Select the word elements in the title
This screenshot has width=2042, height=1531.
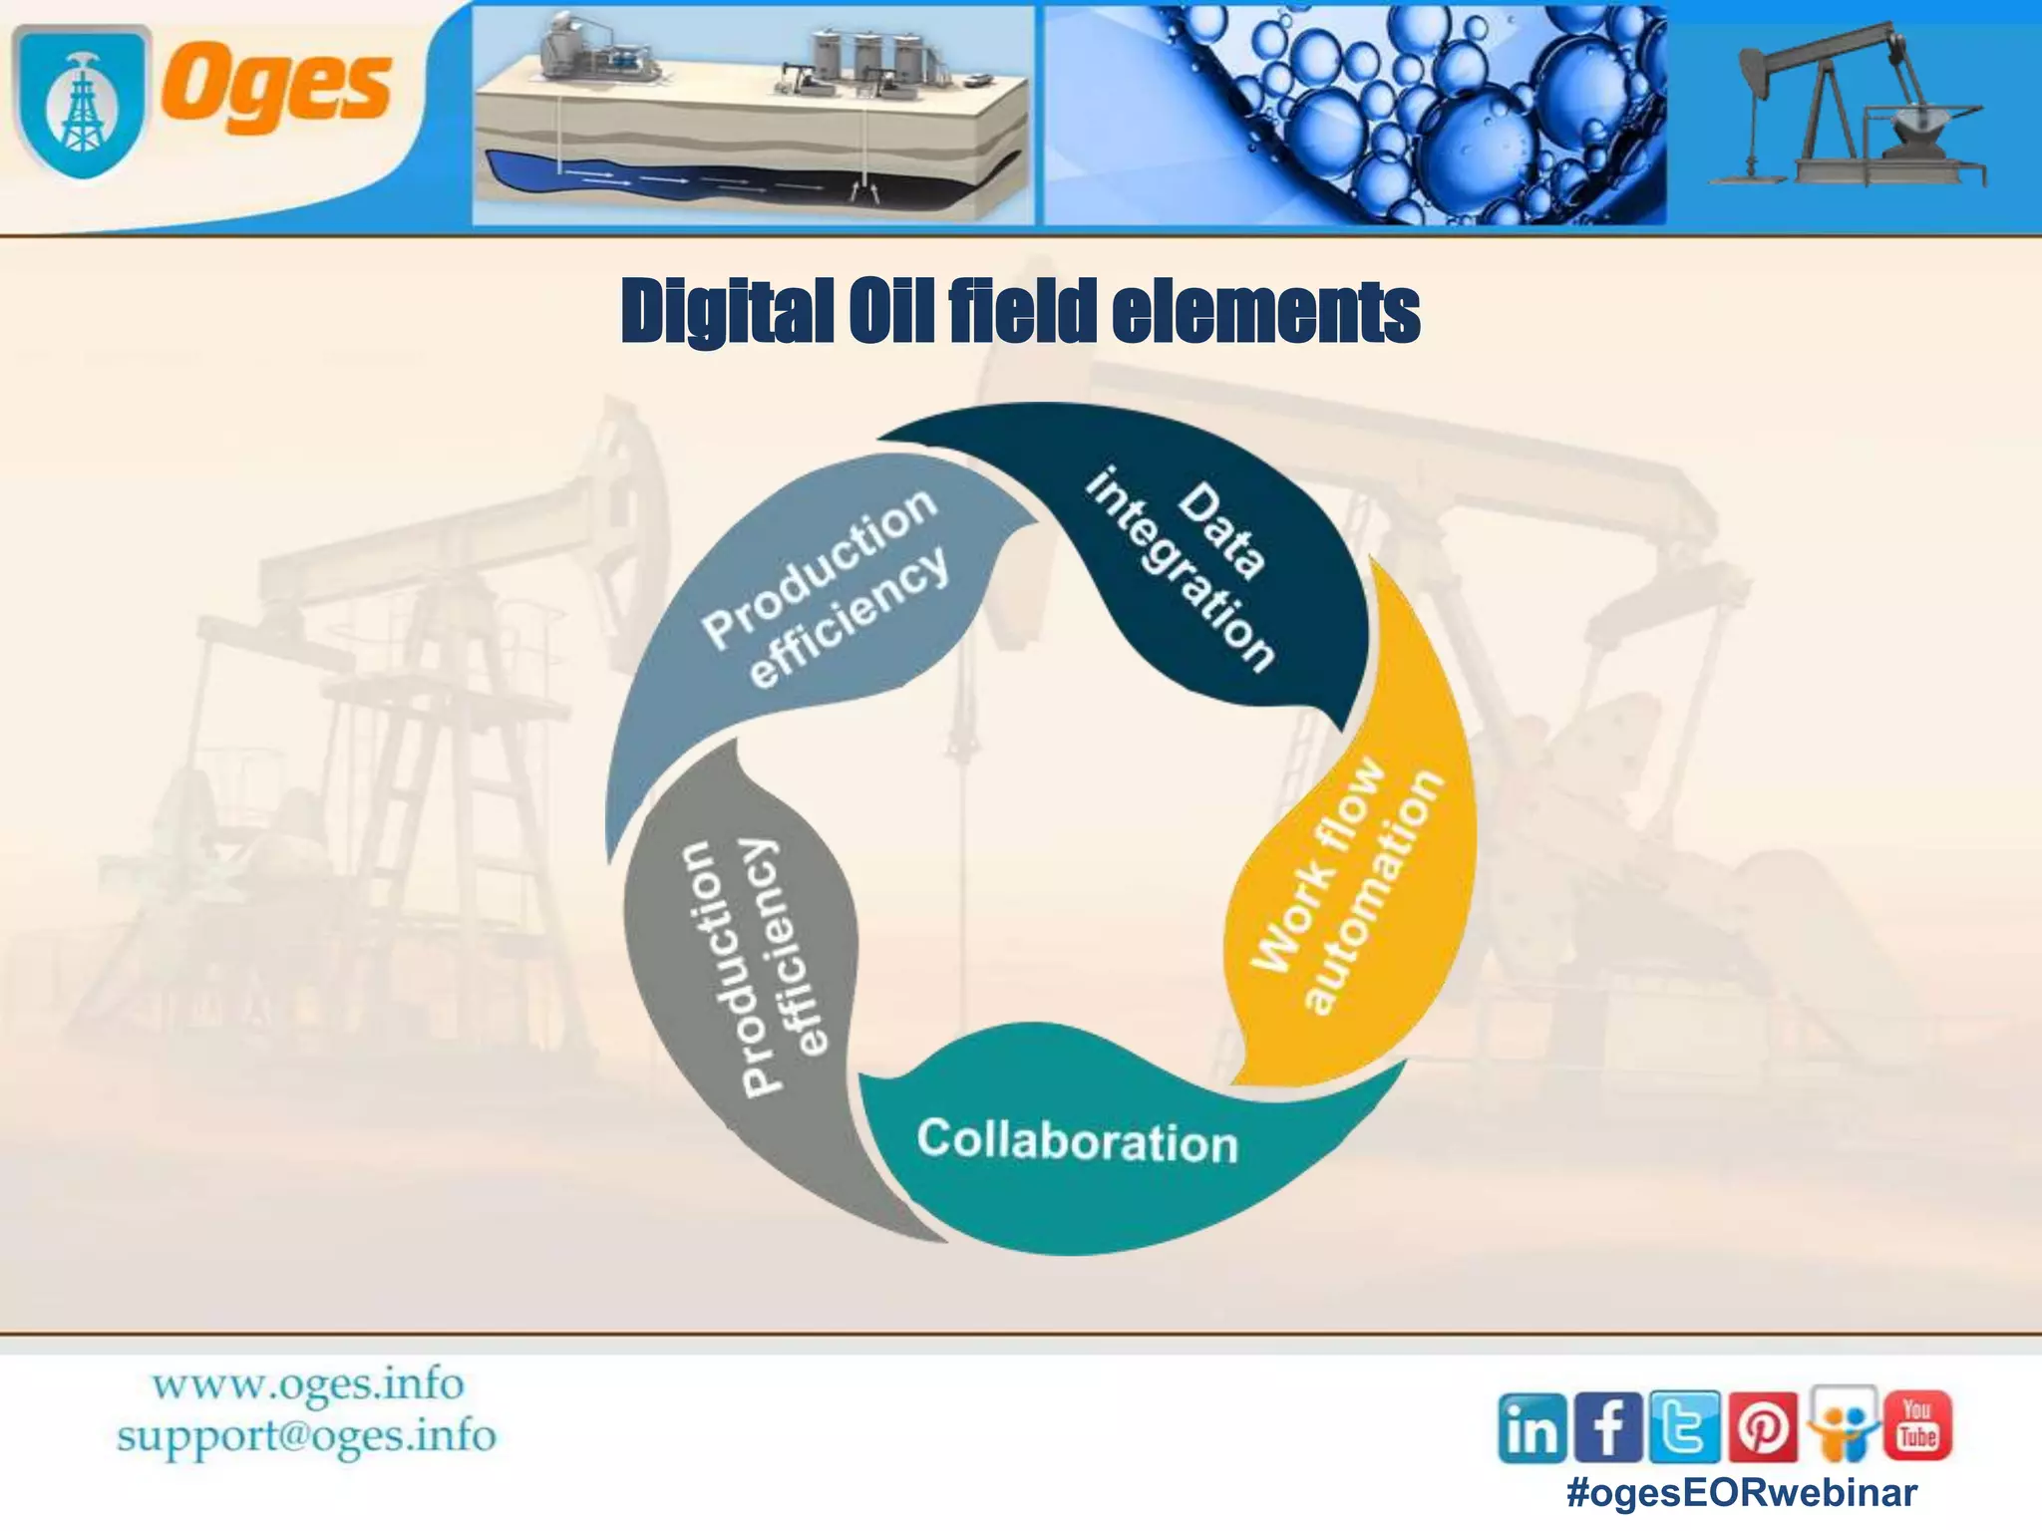1265,312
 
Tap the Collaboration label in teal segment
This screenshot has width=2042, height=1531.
1077,1141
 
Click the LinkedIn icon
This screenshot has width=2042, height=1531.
1532,1429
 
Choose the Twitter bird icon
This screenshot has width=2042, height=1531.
1685,1426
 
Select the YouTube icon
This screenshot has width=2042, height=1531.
1916,1425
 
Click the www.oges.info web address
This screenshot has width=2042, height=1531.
307,1384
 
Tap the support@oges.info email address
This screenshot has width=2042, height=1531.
306,1436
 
